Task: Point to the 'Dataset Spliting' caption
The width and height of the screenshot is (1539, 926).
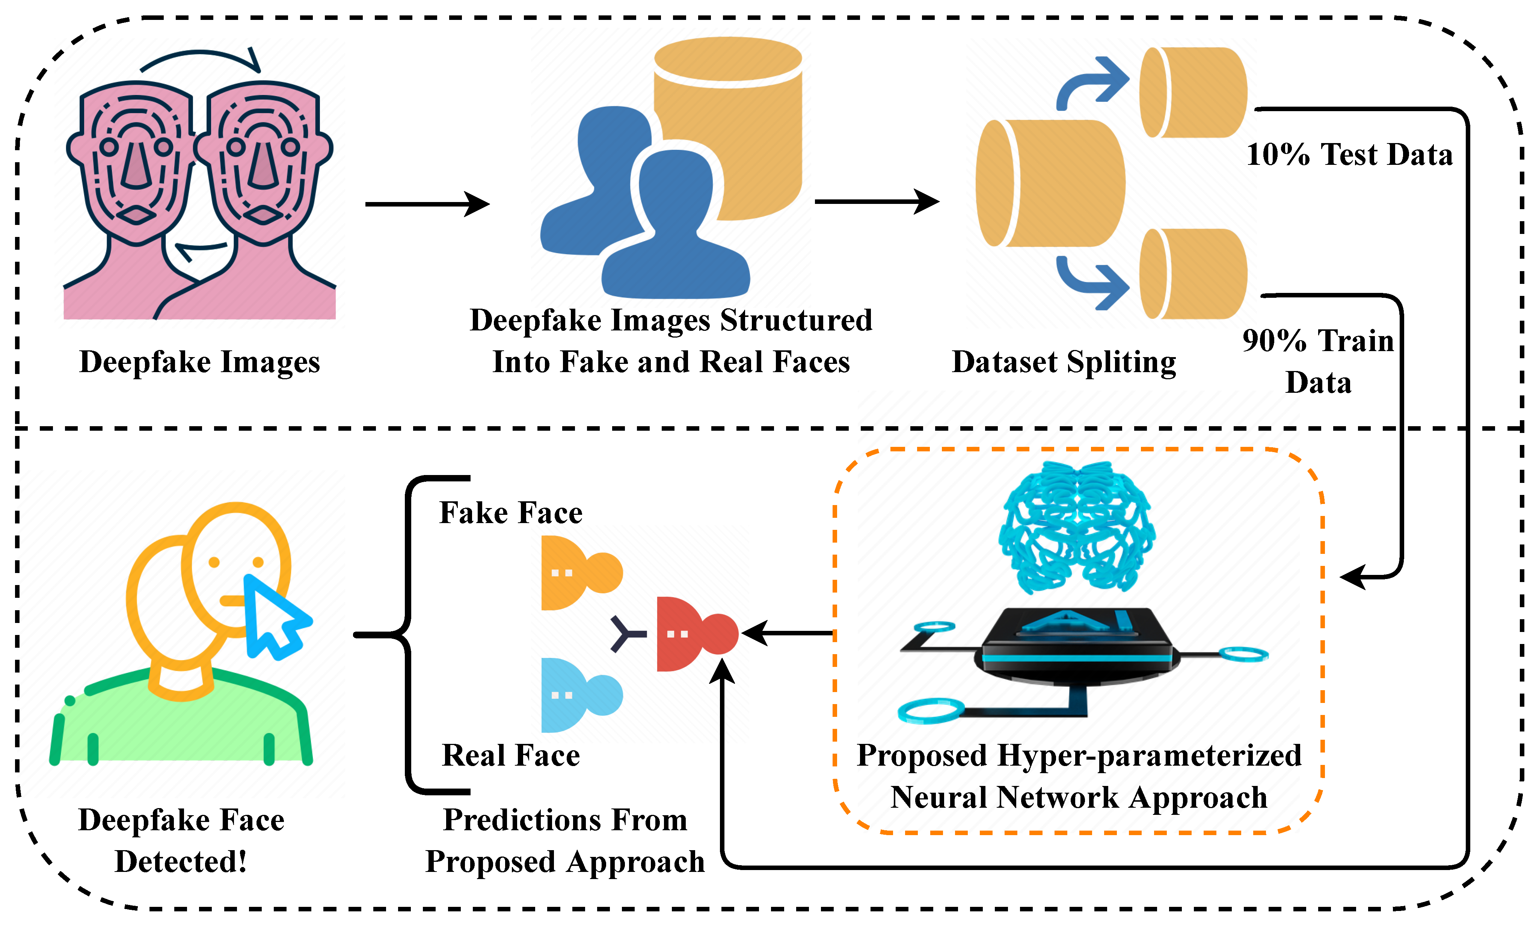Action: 1064,362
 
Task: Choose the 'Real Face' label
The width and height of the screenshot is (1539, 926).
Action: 510,755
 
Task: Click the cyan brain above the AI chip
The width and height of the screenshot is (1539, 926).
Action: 1077,527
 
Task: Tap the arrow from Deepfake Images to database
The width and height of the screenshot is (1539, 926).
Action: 427,204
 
